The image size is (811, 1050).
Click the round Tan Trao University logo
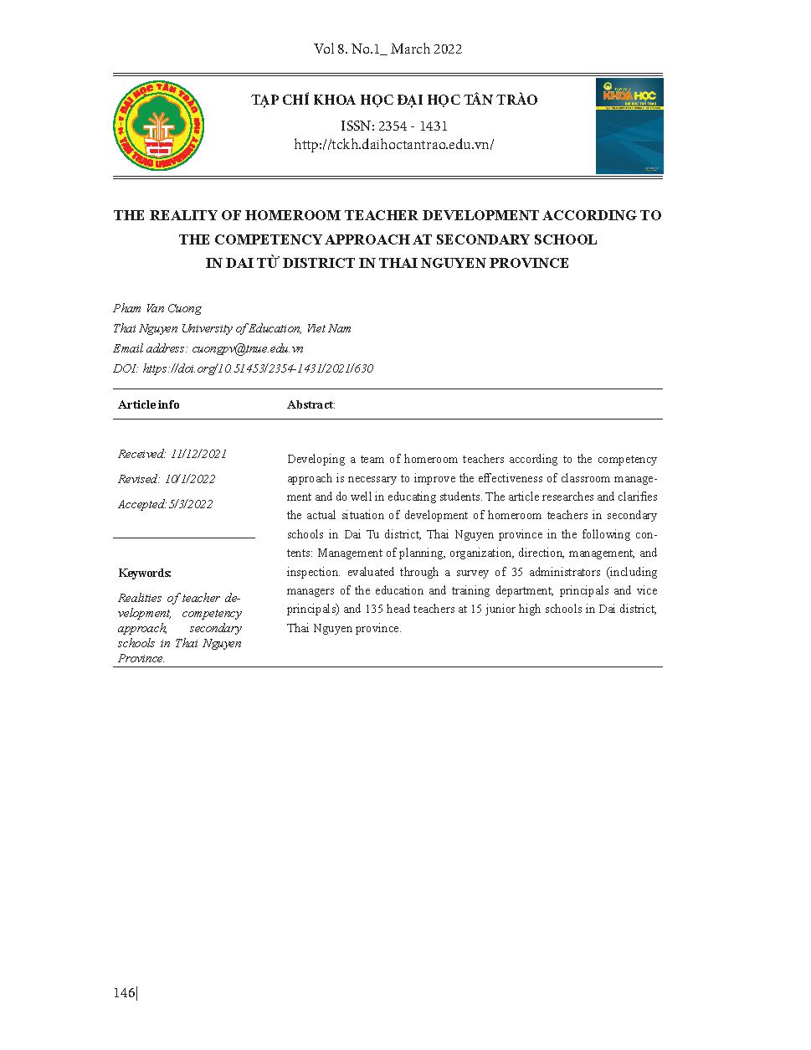point(158,126)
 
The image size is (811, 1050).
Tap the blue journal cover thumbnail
point(629,126)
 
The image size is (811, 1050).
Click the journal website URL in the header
point(393,145)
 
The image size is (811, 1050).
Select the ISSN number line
point(393,126)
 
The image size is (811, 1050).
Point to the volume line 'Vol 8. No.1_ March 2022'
point(388,49)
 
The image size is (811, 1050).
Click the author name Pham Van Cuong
point(157,308)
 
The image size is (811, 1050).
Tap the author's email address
point(247,348)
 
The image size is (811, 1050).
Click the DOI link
point(258,368)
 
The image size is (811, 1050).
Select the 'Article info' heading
point(149,404)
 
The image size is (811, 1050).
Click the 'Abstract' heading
point(310,404)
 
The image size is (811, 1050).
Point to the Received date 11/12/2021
point(198,454)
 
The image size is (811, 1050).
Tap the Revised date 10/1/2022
point(190,479)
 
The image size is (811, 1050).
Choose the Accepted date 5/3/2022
point(190,504)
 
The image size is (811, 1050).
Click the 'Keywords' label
point(144,573)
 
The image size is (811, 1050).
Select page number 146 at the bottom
point(124,993)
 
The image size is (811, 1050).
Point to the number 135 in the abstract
point(374,610)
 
